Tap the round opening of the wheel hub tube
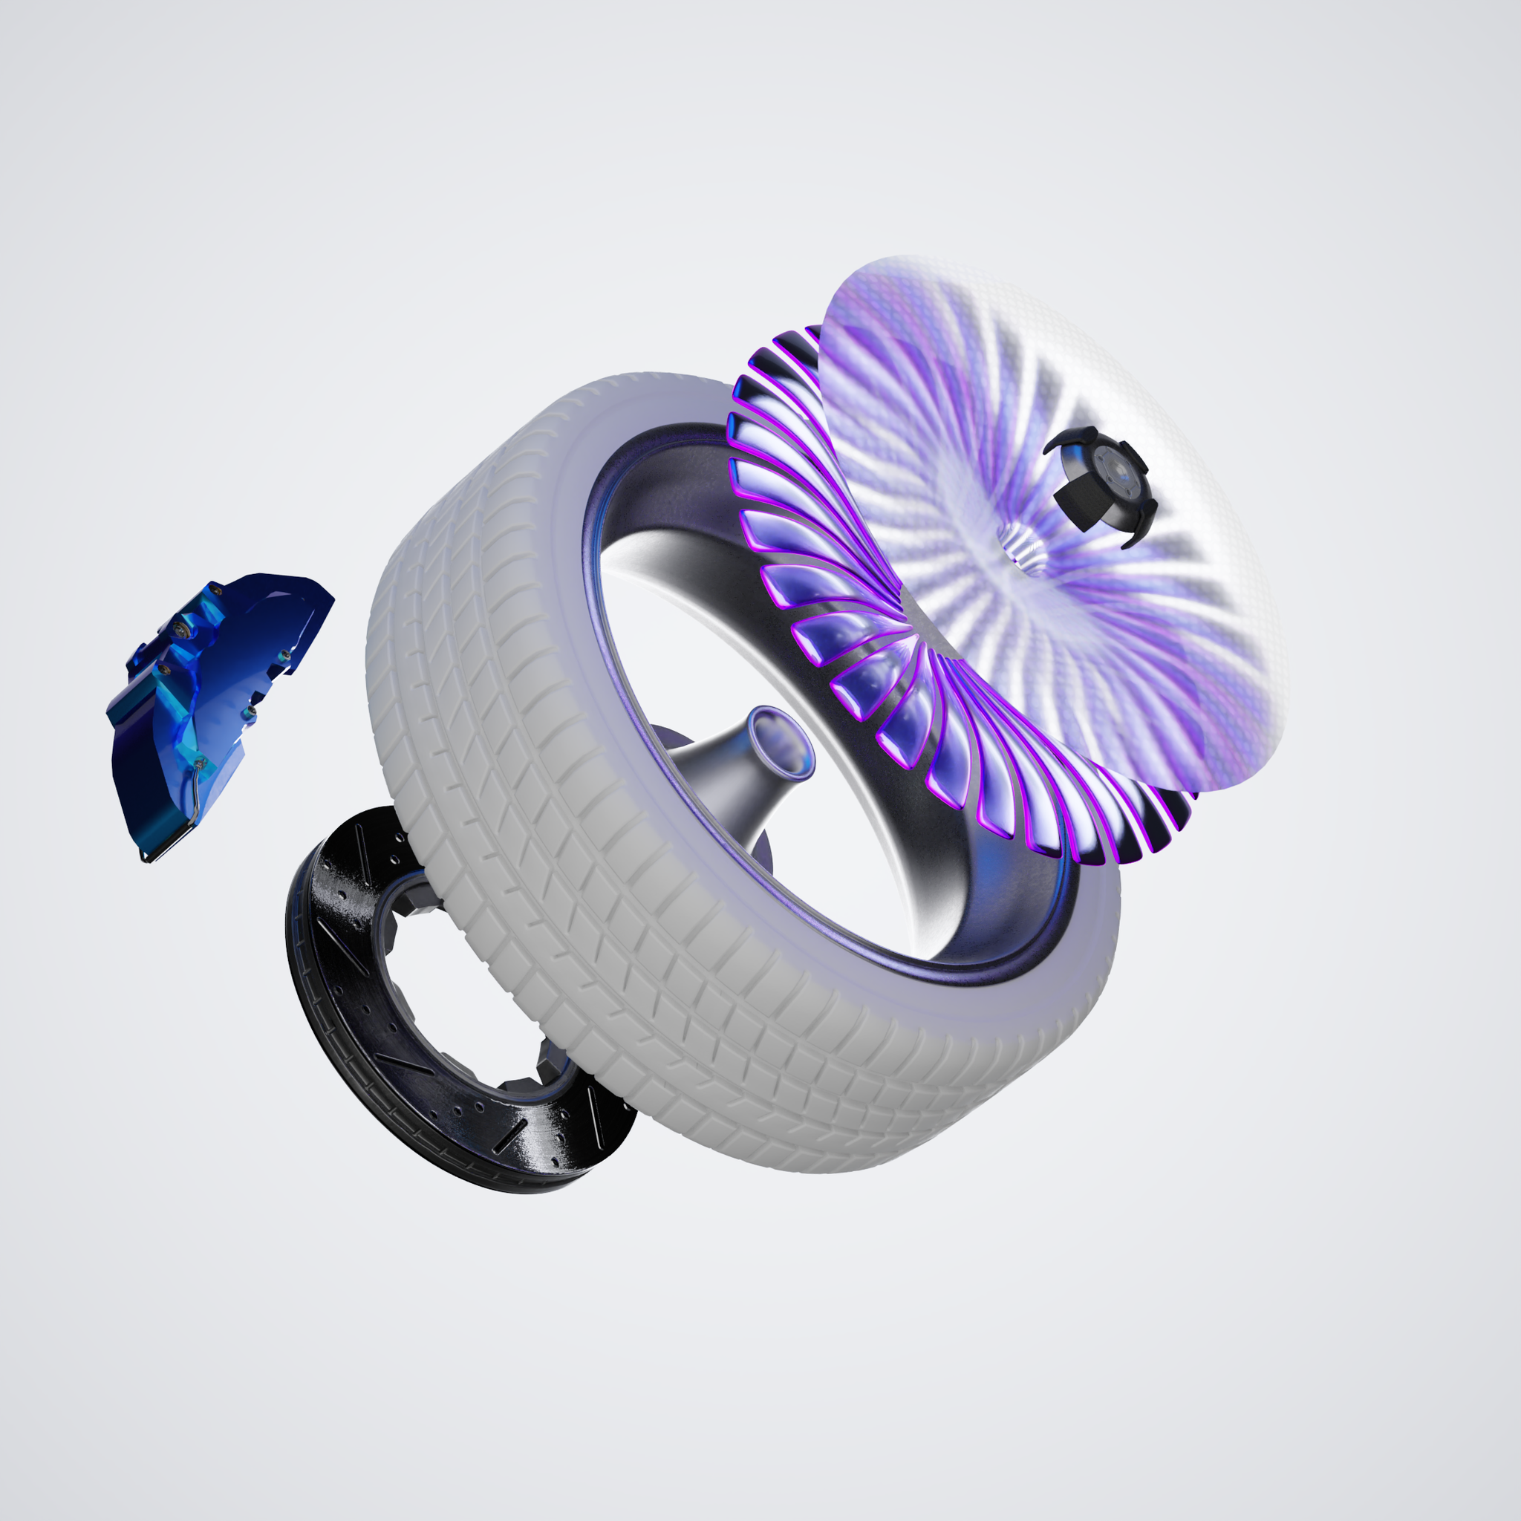point(779,740)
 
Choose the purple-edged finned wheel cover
point(835,630)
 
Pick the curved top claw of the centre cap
point(1075,437)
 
